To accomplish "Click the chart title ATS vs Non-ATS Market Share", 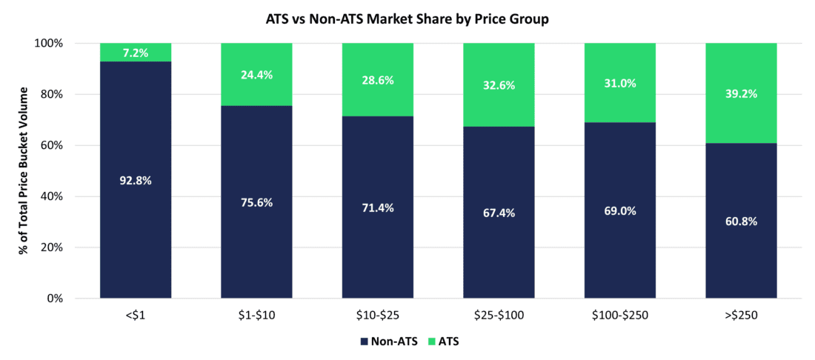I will [x=407, y=19].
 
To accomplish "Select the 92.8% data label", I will [x=136, y=180].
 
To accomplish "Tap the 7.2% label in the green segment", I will [x=136, y=53].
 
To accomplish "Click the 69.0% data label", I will [x=620, y=211].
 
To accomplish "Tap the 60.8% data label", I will [x=741, y=221].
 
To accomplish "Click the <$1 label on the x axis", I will [x=136, y=315].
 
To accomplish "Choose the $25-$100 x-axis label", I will [x=499, y=315].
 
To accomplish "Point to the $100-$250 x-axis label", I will [x=620, y=315].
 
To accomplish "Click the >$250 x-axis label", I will [x=741, y=315].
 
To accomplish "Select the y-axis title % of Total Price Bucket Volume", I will [x=25, y=170].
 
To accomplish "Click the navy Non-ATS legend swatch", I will [x=363, y=341].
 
